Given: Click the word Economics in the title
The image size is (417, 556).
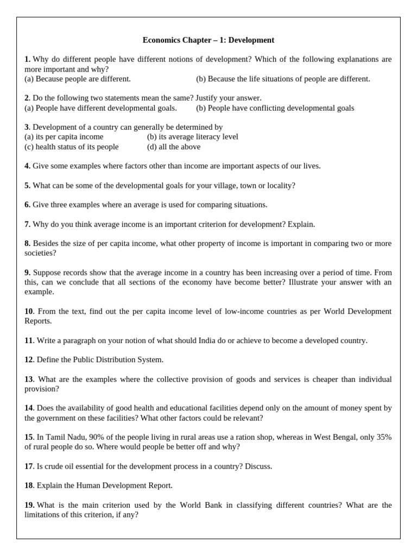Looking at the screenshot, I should pos(160,40).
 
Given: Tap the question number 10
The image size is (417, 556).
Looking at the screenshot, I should pos(29,311).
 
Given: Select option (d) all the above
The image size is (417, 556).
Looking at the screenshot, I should pos(173,147).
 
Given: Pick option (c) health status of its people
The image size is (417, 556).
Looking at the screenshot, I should pos(71,147).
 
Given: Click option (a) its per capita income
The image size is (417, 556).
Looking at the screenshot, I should pos(64,137).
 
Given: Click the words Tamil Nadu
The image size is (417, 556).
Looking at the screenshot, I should pos(60,437).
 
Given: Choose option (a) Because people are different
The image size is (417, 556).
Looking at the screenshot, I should pos(78,79).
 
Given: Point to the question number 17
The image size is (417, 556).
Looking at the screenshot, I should pos(29,466).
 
